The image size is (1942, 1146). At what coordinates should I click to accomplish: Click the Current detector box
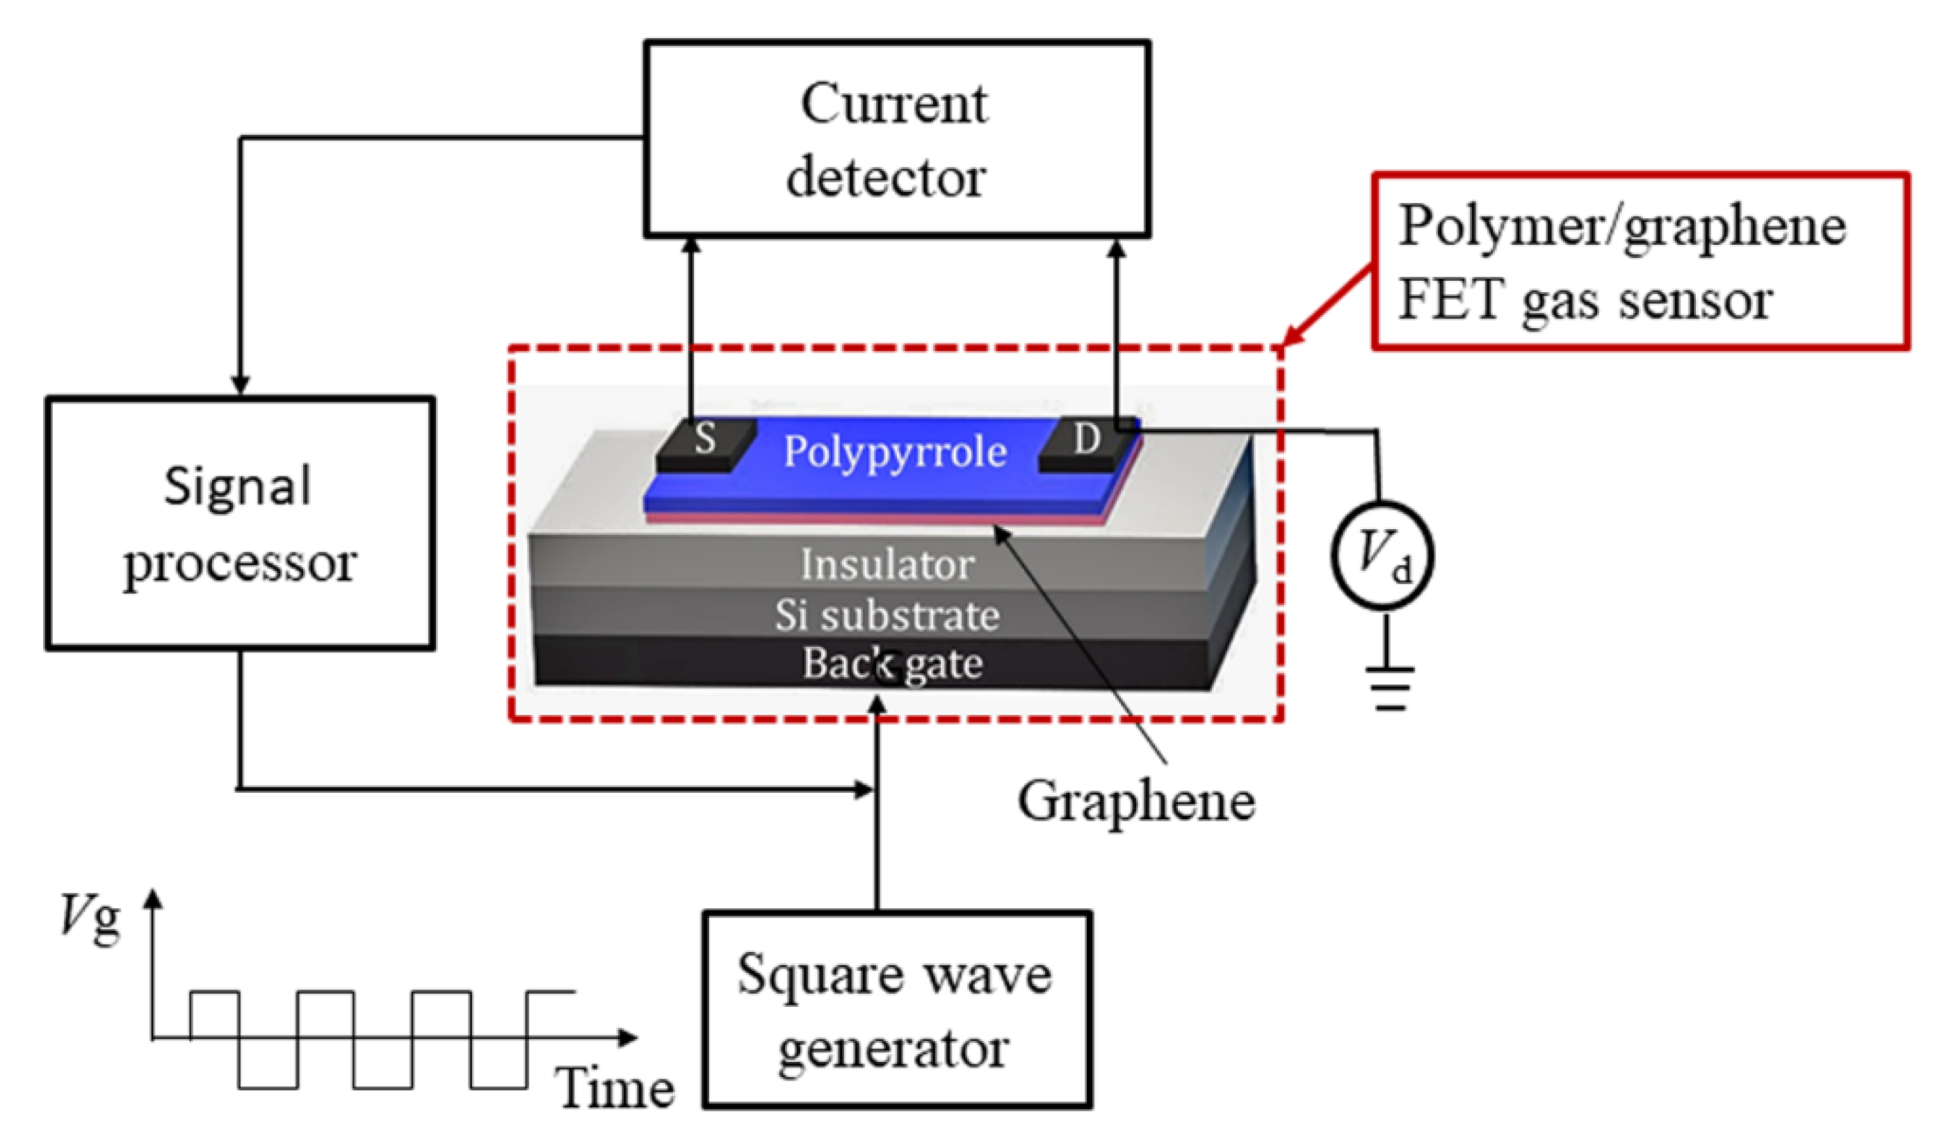click(896, 139)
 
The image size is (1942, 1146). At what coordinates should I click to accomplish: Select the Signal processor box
click(239, 524)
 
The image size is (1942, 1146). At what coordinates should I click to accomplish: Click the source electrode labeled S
click(704, 442)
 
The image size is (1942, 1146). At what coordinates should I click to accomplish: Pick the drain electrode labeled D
click(1087, 441)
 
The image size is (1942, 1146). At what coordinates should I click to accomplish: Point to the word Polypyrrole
click(894, 453)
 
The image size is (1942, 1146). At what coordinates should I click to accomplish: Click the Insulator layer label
click(887, 565)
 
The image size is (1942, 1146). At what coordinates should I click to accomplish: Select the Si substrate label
click(887, 615)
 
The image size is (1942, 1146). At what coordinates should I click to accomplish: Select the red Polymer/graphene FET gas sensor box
click(1641, 261)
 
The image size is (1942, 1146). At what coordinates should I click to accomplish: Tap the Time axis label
click(615, 1089)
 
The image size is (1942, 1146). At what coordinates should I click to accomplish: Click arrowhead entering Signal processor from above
click(240, 385)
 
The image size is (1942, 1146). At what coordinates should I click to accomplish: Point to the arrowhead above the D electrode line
click(1117, 249)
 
